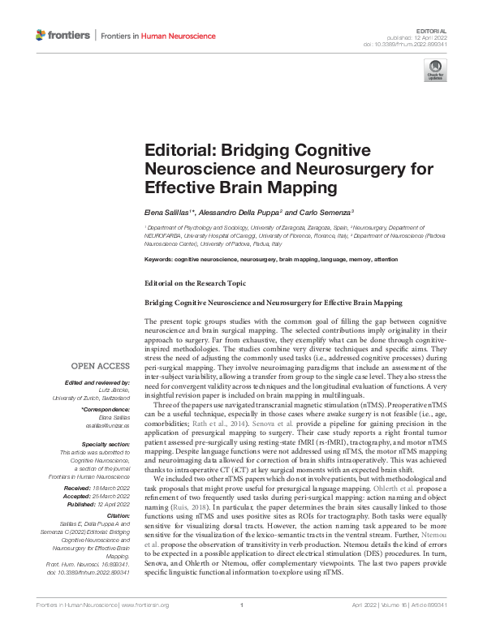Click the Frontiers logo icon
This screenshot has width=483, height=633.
point(41,35)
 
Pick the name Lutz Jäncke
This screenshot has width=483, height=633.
point(114,390)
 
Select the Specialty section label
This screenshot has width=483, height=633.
point(105,444)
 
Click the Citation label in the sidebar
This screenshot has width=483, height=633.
point(118,517)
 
